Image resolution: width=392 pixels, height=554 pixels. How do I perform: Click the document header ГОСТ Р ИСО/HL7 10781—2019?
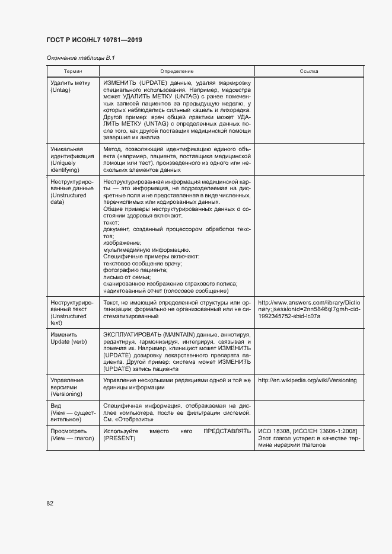(x=94, y=40)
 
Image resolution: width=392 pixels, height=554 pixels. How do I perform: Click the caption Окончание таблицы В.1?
(x=76, y=57)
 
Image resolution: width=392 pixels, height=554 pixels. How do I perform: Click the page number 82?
(x=50, y=503)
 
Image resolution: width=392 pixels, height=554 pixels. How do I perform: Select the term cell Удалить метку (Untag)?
(x=66, y=87)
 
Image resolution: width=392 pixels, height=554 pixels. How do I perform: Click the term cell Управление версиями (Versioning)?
(x=67, y=386)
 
